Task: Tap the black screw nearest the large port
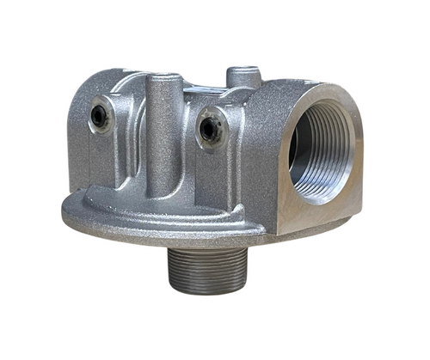tap(209, 128)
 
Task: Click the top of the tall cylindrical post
tap(164, 80)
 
